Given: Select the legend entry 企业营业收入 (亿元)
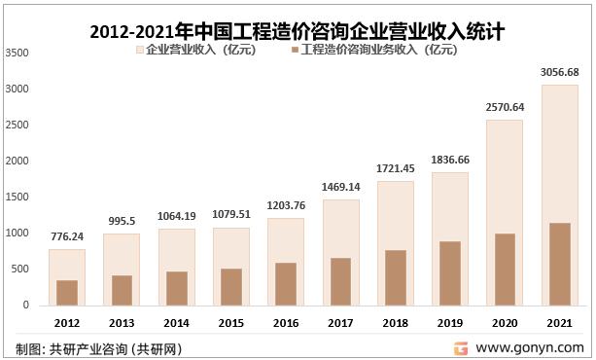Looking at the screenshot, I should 199,51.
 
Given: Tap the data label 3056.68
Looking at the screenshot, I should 558,72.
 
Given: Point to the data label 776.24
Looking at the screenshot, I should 67,236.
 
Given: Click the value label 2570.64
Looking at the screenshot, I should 504,107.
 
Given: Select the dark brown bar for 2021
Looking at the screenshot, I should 558,264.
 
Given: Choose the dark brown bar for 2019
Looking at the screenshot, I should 449,272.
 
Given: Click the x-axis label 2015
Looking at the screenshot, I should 230,322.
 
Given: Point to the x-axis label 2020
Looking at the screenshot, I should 504,322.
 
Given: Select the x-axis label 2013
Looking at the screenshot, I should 122,322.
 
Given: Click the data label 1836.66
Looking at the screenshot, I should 449,160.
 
